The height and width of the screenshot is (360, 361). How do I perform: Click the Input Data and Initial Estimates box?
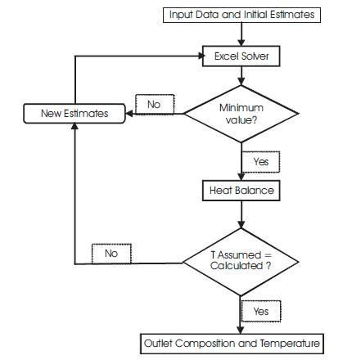[241, 15]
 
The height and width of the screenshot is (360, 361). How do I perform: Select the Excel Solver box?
[241, 56]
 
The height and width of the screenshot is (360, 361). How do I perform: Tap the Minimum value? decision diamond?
[241, 114]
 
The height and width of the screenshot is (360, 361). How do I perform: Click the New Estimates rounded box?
[74, 114]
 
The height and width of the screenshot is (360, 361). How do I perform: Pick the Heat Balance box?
[241, 191]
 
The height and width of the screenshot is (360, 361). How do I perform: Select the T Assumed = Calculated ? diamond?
[241, 262]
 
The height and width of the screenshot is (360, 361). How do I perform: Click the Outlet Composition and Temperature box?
[232, 344]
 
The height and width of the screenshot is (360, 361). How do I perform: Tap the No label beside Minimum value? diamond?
[155, 104]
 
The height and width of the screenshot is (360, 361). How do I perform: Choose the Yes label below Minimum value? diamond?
[261, 162]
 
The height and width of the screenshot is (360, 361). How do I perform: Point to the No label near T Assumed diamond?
[111, 254]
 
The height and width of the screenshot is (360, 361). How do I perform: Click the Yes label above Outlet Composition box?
[261, 311]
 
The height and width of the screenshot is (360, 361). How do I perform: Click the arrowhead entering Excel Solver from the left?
[201, 56]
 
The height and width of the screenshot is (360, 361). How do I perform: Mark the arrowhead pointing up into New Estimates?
[74, 126]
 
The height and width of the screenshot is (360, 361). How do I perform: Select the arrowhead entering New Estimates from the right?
[129, 114]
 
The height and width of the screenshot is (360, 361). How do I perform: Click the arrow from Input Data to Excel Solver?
[241, 34]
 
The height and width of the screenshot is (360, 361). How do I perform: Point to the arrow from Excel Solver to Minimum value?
[241, 76]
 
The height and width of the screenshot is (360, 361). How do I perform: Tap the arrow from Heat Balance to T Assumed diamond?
[241, 214]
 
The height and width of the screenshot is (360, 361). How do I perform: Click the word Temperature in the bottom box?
[290, 344]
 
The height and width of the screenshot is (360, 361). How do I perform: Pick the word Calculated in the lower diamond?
[237, 265]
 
